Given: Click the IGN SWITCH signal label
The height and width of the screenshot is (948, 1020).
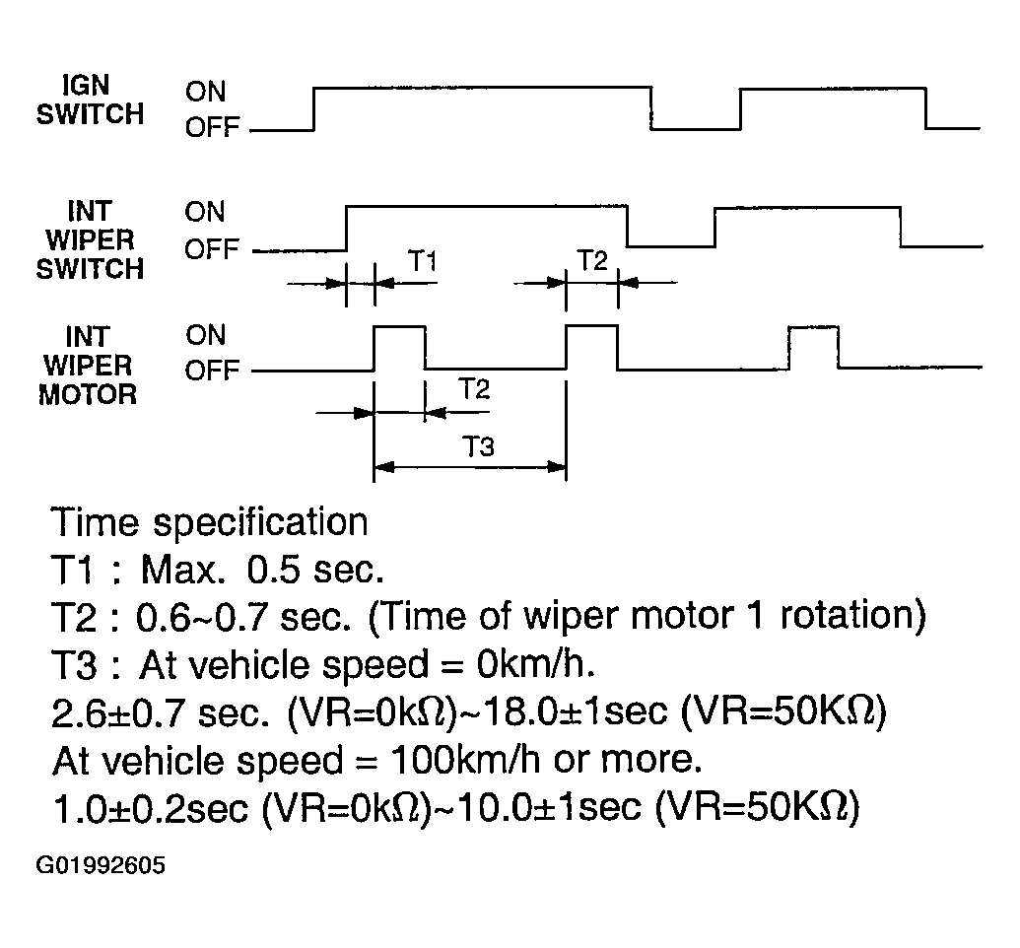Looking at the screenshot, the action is pos(90,100).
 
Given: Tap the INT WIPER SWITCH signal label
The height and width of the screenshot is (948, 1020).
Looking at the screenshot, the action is pos(90,240).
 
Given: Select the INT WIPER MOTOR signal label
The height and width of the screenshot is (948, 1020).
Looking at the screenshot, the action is pos(88,366).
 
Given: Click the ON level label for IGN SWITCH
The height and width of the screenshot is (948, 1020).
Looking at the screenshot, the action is pos(206,92).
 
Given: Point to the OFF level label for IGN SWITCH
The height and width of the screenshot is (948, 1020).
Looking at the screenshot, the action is pos(212,127).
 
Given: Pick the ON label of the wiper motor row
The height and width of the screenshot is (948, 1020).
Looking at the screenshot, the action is pos(206,335).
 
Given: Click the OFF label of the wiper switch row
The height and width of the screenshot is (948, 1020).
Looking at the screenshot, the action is pos(212,249).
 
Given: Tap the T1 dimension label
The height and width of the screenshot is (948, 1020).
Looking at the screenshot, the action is pos(422,261).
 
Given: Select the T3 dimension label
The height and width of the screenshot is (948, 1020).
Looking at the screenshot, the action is pos(478,447).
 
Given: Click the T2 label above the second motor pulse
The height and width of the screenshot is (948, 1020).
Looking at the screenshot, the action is pos(592,260).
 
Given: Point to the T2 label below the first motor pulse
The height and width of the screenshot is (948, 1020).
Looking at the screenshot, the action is pos(474,389).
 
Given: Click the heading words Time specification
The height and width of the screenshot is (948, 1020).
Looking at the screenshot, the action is pos(210,522).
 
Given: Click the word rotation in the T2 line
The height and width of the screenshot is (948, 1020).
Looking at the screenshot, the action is pos(852,616).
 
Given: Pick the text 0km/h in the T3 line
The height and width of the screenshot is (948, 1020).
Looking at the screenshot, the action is pos(535,664).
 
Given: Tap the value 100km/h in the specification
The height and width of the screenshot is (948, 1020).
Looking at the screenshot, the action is pos(464,760).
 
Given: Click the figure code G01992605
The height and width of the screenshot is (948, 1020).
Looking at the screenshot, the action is pos(101,865).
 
